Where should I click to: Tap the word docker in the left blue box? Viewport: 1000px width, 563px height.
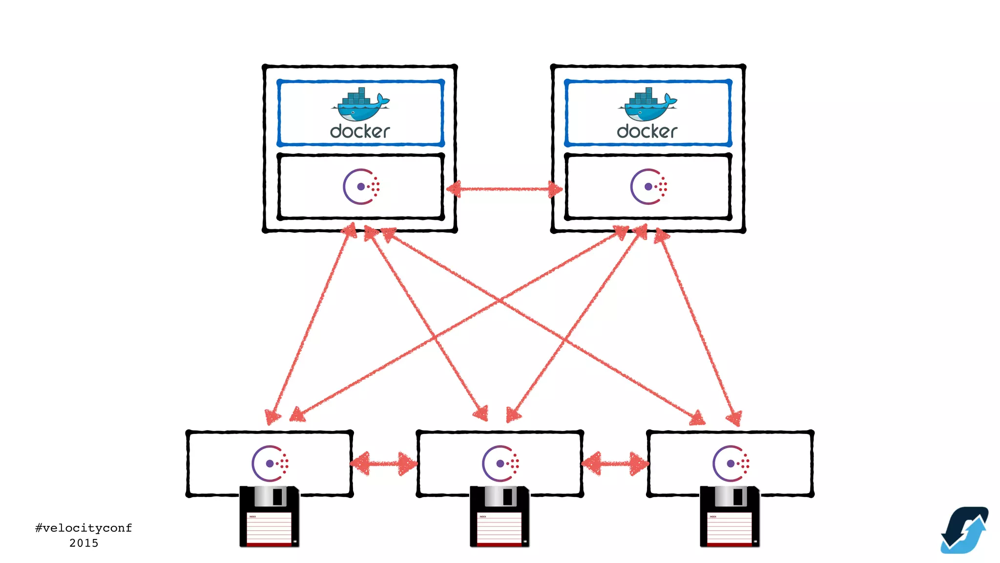click(360, 131)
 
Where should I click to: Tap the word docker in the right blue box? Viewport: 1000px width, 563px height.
click(647, 131)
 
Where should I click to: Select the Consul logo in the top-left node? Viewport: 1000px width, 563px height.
click(361, 187)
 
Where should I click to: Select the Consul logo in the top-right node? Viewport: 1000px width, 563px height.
click(648, 187)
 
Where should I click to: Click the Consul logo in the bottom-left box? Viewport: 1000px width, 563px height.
click(270, 463)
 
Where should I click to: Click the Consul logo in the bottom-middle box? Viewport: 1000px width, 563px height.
click(500, 463)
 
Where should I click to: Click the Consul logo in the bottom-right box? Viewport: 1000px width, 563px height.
click(730, 463)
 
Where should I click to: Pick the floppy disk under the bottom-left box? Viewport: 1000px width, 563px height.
click(269, 516)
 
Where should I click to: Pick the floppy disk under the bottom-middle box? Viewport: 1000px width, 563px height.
click(500, 516)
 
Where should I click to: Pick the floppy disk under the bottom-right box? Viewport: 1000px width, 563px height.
click(730, 516)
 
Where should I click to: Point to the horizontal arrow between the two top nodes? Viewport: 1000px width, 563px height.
click(504, 189)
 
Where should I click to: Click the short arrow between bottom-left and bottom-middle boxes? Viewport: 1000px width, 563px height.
click(384, 463)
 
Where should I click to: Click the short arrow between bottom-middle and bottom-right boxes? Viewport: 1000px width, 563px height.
click(615, 463)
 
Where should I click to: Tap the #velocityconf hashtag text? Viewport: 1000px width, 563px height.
click(83, 528)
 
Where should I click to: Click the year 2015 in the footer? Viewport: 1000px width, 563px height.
click(83, 543)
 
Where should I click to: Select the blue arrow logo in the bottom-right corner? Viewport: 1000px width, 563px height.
click(964, 530)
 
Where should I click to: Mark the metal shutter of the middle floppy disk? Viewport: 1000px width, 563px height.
click(500, 497)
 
